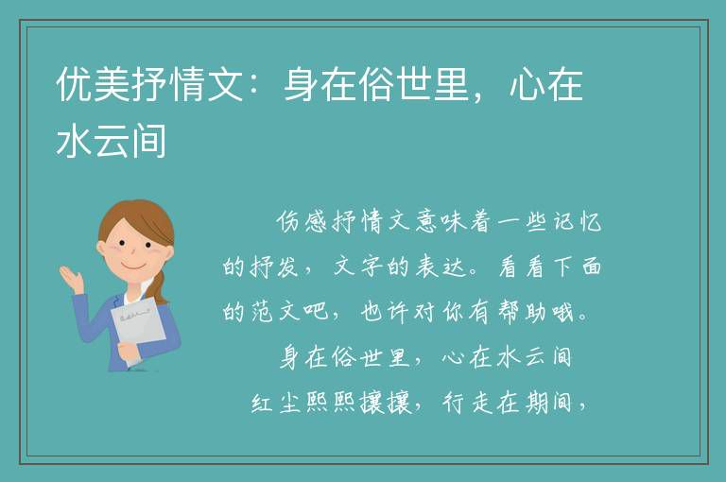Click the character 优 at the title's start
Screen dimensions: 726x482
[x=74, y=84]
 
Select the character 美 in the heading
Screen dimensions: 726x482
[x=112, y=84]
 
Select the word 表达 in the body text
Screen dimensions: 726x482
[x=440, y=267]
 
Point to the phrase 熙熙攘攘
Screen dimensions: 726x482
[x=358, y=403]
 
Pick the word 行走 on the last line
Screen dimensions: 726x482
[x=467, y=403]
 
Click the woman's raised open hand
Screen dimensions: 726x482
[x=72, y=279]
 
